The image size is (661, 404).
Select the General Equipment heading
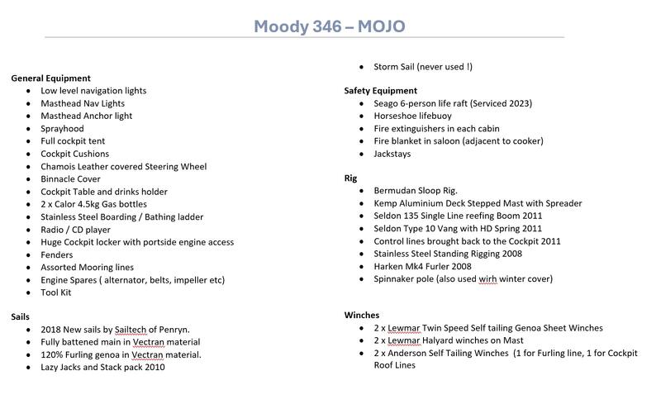pyautogui.click(x=50, y=78)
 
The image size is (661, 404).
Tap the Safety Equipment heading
pyautogui.click(x=380, y=91)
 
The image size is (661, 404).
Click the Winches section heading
pyautogui.click(x=362, y=316)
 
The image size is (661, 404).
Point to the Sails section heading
pyautogui.click(x=21, y=316)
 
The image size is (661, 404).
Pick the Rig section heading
pyautogui.click(x=352, y=178)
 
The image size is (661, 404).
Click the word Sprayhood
pyautogui.click(x=62, y=129)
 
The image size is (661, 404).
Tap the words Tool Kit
pyautogui.click(x=56, y=292)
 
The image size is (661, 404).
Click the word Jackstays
pyautogui.click(x=392, y=154)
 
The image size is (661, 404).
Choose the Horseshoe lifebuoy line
pyautogui.click(x=415, y=116)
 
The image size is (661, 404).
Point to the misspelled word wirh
pyautogui.click(x=493, y=278)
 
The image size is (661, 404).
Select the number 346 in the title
pyautogui.click(x=322, y=26)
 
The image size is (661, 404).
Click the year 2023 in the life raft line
pyautogui.click(x=517, y=103)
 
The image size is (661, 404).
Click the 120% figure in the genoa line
pyautogui.click(x=54, y=354)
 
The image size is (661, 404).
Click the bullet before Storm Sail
pyautogui.click(x=364, y=67)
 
